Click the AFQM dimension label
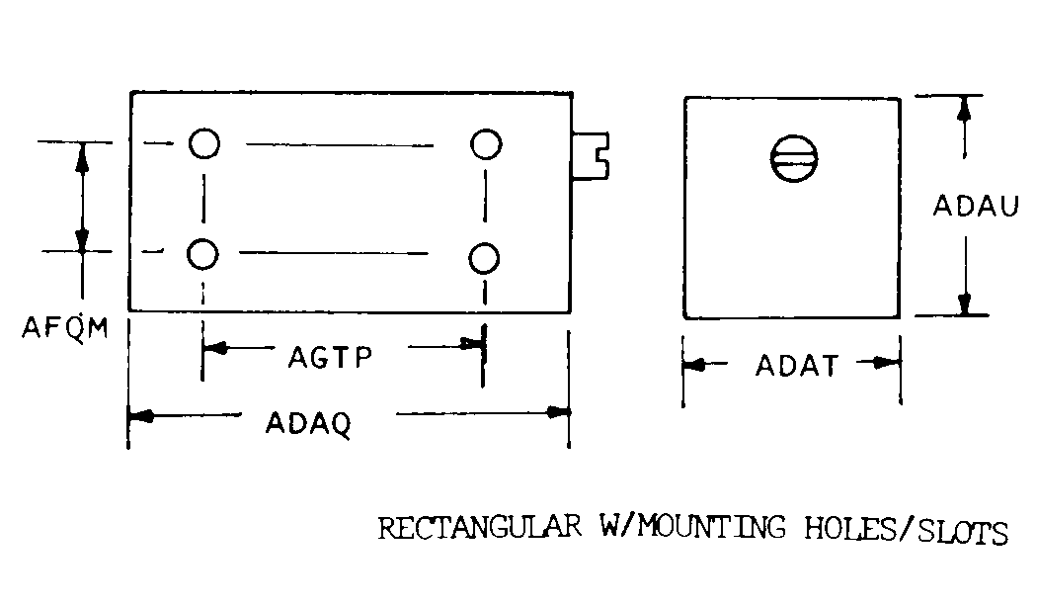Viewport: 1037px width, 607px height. [65, 327]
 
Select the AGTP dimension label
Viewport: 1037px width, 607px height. [330, 358]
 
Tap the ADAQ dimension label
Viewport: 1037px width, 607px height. [308, 423]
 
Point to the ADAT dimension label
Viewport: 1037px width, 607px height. [797, 366]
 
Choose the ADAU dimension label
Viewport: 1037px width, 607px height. [976, 206]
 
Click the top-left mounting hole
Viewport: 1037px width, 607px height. [204, 143]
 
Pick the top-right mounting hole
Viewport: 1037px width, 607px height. [486, 144]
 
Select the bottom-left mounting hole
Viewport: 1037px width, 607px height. [202, 254]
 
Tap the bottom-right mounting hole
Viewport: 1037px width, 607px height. [484, 258]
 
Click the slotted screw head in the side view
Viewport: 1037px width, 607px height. [794, 159]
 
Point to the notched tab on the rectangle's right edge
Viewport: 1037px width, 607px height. [591, 156]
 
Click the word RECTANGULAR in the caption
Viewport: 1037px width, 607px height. [479, 528]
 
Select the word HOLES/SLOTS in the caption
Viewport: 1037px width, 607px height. [906, 531]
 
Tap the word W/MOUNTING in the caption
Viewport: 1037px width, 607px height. [692, 528]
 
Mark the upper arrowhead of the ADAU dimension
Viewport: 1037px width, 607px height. [964, 109]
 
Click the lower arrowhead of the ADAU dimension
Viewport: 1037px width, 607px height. [965, 303]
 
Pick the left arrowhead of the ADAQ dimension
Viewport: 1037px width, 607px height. [141, 416]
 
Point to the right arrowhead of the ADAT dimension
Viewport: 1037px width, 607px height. [886, 363]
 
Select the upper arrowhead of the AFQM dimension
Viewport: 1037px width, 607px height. [82, 157]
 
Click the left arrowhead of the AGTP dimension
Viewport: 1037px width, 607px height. [215, 348]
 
